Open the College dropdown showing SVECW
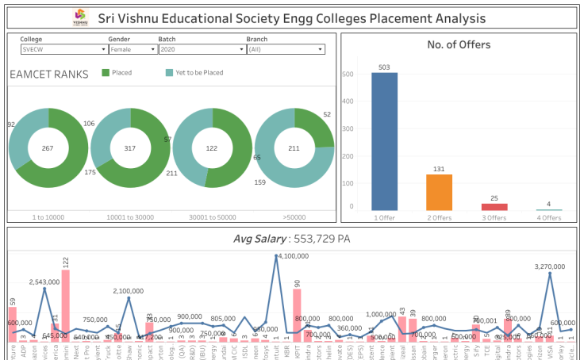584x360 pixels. [63, 49]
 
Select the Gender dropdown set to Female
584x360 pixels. [132, 49]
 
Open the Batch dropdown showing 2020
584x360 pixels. [200, 49]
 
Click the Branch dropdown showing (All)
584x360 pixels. [286, 49]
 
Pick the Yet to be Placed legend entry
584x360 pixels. [194, 73]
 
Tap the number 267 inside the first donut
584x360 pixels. [48, 148]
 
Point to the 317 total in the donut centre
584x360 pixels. [130, 148]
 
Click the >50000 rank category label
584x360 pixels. [294, 216]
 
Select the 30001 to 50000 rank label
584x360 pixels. [212, 216]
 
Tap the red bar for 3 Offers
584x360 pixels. [494, 206]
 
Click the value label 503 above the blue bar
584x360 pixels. [385, 67]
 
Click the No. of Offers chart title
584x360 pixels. [458, 45]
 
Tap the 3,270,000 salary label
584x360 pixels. [550, 267]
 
